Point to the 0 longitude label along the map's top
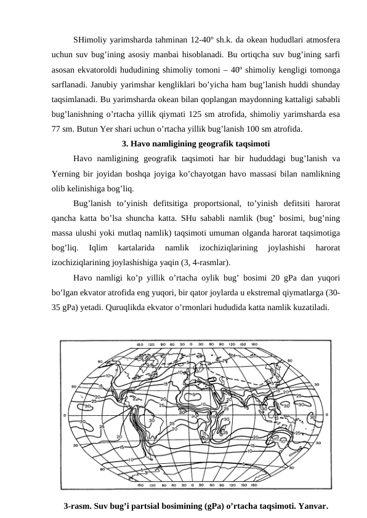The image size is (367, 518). [x=193, y=345]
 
